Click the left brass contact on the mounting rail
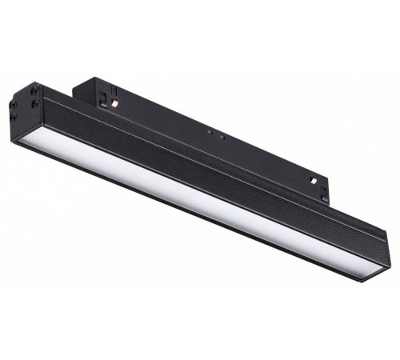(116, 104)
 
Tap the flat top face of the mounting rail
(200, 120)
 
